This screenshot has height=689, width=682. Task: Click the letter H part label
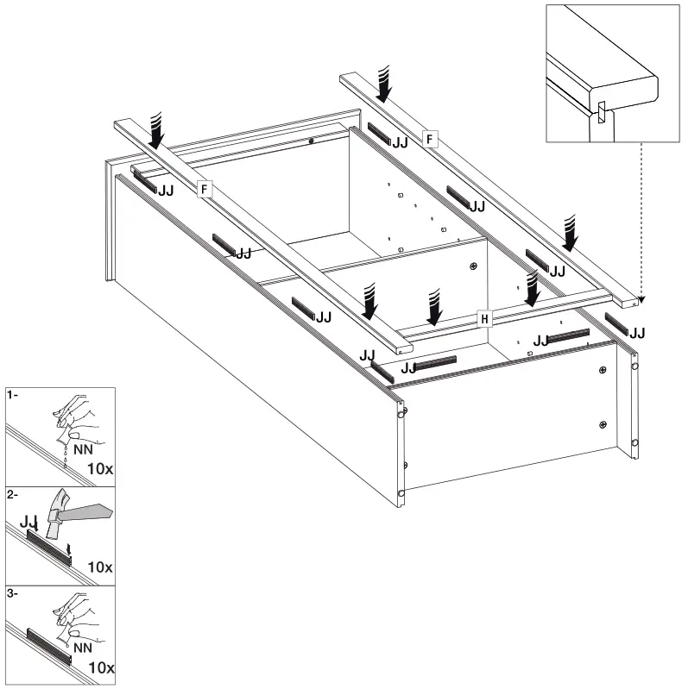point(485,319)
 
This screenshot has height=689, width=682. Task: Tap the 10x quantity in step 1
point(101,468)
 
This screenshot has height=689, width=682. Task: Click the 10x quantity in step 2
point(101,567)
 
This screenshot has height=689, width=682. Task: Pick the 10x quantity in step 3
point(101,667)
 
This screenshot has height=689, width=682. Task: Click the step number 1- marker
point(12,396)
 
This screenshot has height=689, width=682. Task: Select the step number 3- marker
point(12,594)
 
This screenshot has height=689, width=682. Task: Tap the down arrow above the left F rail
point(157,132)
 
